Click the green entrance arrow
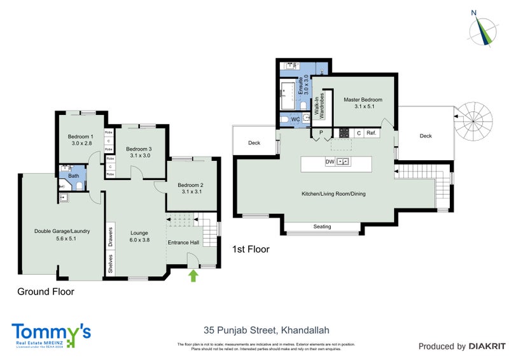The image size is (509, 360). (193, 275)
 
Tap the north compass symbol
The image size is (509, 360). (483, 29)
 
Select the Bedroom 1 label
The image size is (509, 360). (81, 140)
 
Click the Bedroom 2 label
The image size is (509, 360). (191, 188)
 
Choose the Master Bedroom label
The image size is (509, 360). (363, 103)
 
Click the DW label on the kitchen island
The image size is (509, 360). (330, 162)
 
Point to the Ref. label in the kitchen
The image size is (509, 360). (372, 133)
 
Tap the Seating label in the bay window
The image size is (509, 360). (322, 226)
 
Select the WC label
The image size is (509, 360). (295, 120)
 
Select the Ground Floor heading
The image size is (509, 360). (45, 292)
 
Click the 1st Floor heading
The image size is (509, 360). (251, 250)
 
